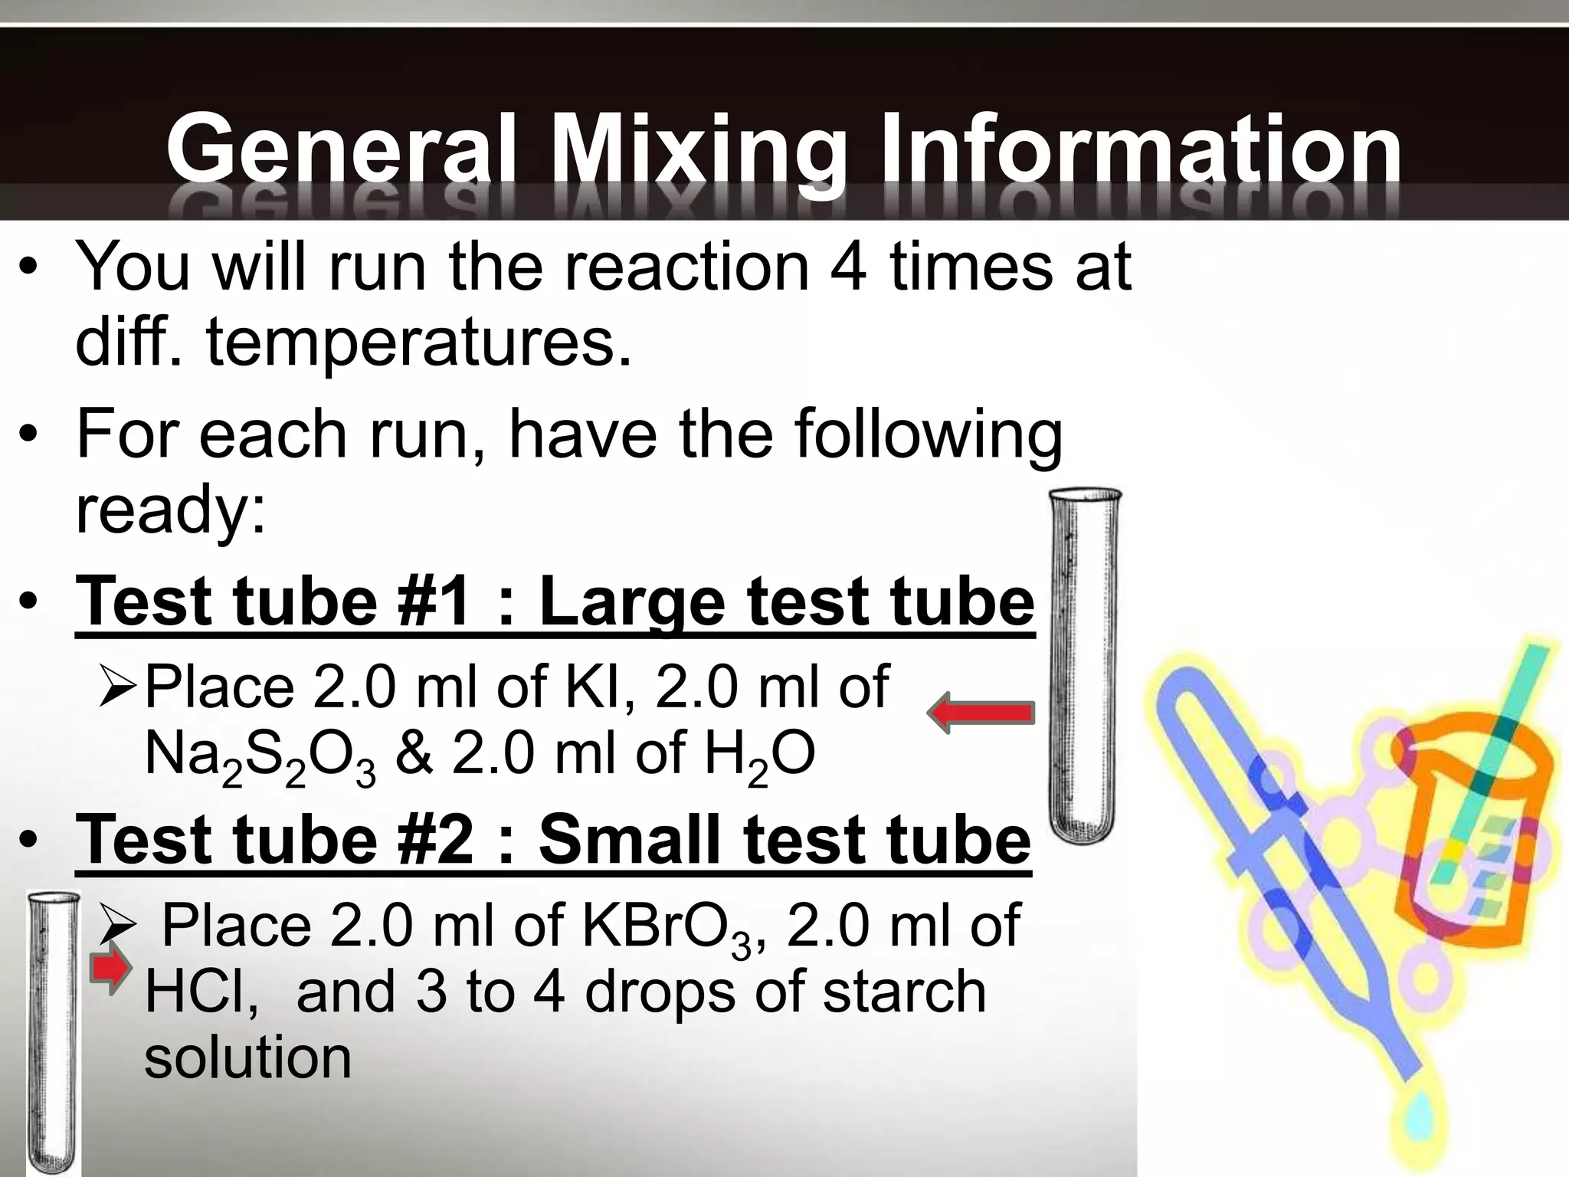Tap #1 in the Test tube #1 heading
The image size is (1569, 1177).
point(434,601)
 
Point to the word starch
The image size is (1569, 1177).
point(904,992)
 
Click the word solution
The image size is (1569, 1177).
point(247,1057)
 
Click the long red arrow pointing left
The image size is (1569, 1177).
point(981,713)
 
